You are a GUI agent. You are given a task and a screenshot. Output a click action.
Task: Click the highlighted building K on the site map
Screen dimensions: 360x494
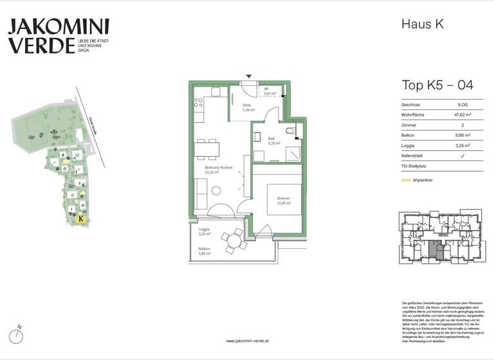click(x=80, y=219)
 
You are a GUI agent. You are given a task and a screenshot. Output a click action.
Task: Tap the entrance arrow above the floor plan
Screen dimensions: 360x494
click(x=249, y=76)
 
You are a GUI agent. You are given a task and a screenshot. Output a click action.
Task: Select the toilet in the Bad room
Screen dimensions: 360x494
click(x=291, y=132)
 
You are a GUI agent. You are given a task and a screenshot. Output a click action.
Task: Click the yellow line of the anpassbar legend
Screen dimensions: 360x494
click(x=406, y=180)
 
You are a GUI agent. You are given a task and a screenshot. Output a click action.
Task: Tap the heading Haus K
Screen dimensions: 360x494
click(x=423, y=24)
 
